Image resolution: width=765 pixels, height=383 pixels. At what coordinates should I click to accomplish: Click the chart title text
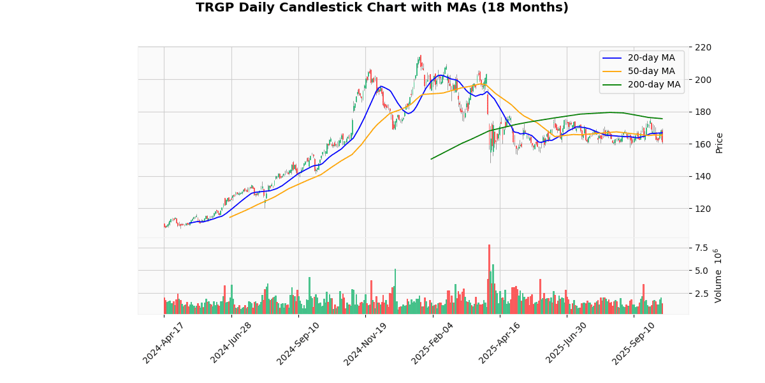tap(382, 8)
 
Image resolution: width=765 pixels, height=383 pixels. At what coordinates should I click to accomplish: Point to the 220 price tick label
tap(703, 47)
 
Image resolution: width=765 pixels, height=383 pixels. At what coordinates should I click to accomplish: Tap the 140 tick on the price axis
tap(703, 176)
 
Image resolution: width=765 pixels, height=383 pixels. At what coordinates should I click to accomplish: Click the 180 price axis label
tap(703, 112)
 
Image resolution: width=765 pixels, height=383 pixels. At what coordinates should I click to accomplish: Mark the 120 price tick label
tap(703, 209)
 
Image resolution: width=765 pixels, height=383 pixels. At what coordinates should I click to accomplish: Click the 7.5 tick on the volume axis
tap(701, 248)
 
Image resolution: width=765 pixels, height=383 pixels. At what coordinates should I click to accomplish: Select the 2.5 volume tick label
tap(701, 294)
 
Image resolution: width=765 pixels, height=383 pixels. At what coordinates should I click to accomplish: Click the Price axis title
tap(720, 143)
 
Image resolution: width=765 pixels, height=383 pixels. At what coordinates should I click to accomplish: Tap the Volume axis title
tap(718, 276)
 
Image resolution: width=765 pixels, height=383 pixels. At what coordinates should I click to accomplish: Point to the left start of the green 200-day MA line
tap(432, 159)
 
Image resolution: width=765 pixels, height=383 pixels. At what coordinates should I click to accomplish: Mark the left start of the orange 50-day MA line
tap(229, 218)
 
